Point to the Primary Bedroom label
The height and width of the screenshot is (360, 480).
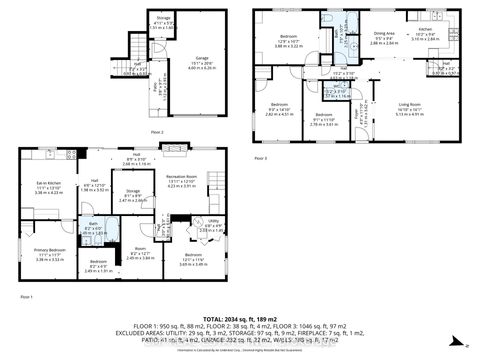[49, 250]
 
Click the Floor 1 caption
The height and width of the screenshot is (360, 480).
[26, 296]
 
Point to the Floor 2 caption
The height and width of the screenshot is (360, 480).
[155, 131]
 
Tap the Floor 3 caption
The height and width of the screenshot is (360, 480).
[261, 159]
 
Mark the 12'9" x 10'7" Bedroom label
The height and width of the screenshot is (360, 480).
[290, 40]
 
